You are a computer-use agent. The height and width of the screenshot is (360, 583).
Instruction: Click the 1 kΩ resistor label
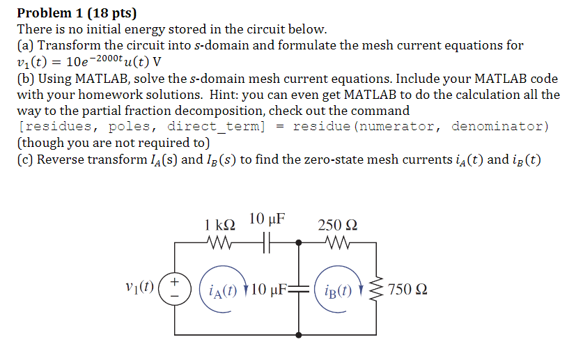coord(219,224)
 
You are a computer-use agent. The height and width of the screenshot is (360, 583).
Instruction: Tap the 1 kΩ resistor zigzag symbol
coord(221,243)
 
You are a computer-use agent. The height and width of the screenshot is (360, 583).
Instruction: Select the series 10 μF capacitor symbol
coord(264,243)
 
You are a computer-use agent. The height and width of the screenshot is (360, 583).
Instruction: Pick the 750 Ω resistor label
coord(407,288)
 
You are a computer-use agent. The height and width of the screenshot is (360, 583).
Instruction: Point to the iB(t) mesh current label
coord(339,288)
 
